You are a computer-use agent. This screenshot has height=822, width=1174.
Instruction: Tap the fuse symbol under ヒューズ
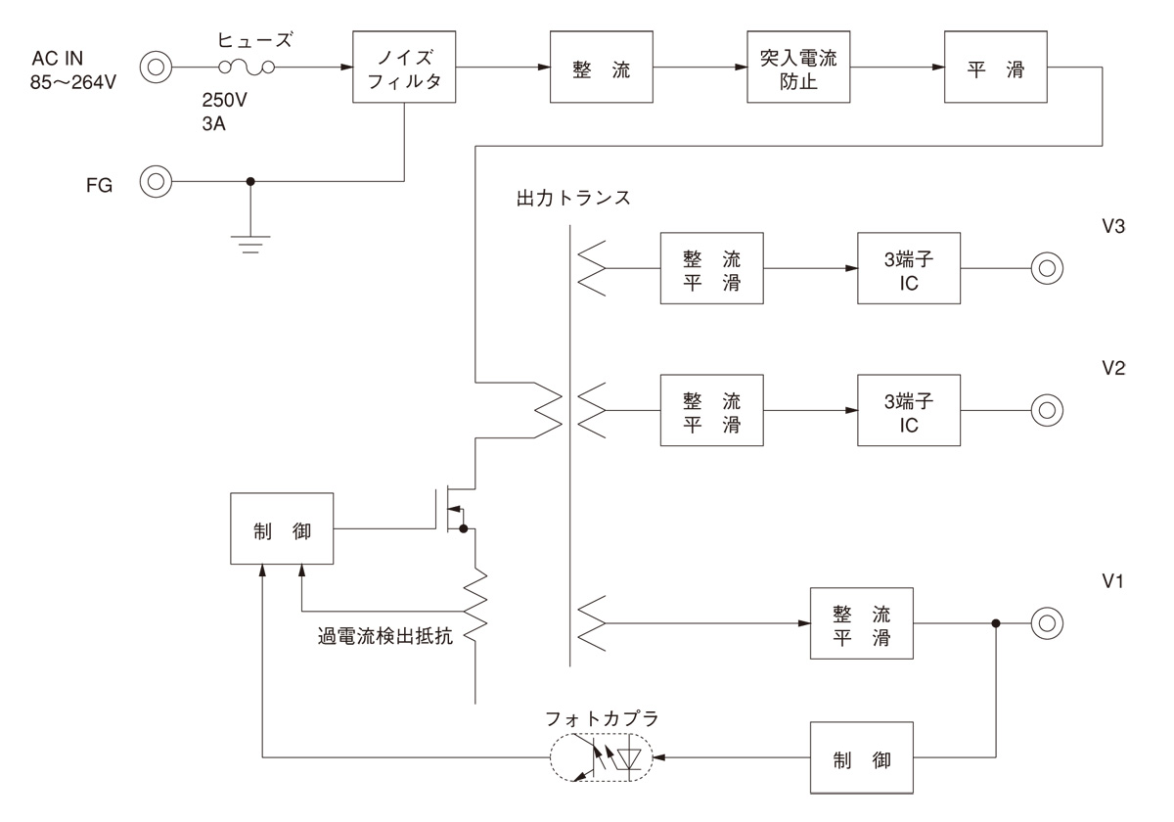(x=247, y=68)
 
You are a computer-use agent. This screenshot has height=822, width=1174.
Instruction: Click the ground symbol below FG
(x=250, y=245)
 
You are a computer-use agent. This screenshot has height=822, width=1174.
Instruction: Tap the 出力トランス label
(x=573, y=198)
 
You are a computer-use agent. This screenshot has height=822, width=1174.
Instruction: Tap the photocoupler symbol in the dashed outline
(x=602, y=757)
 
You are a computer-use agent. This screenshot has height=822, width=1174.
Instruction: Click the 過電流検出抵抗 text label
(x=385, y=636)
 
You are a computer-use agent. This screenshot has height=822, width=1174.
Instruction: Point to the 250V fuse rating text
(x=224, y=100)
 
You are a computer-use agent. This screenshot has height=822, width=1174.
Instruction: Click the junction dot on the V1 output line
(x=996, y=623)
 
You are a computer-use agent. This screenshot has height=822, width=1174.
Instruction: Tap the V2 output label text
(x=1113, y=368)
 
